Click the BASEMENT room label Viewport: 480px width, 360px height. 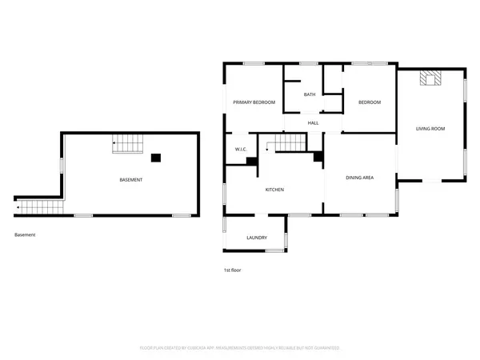click(x=130, y=180)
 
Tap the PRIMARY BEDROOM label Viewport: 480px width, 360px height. click(x=254, y=102)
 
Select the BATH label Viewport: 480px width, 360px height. click(x=309, y=95)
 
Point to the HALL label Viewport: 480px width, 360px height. click(x=314, y=123)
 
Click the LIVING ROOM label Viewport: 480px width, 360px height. click(x=430, y=129)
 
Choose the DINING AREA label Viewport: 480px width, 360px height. click(x=359, y=178)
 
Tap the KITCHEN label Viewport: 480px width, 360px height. click(x=275, y=190)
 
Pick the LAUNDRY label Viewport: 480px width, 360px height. click(x=256, y=238)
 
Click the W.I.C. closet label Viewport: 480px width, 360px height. click(x=240, y=150)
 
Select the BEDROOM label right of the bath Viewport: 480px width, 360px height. click(x=369, y=102)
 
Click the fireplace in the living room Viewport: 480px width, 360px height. click(x=431, y=78)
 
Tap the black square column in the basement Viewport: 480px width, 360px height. click(x=157, y=158)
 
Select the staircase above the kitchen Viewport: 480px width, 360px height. click(x=287, y=143)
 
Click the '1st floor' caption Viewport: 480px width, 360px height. click(x=232, y=270)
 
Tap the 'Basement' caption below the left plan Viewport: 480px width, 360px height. click(x=25, y=234)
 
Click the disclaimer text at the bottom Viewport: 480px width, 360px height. click(x=239, y=348)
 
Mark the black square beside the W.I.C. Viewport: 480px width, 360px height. click(x=252, y=162)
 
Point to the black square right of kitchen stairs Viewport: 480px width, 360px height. click(x=318, y=157)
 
